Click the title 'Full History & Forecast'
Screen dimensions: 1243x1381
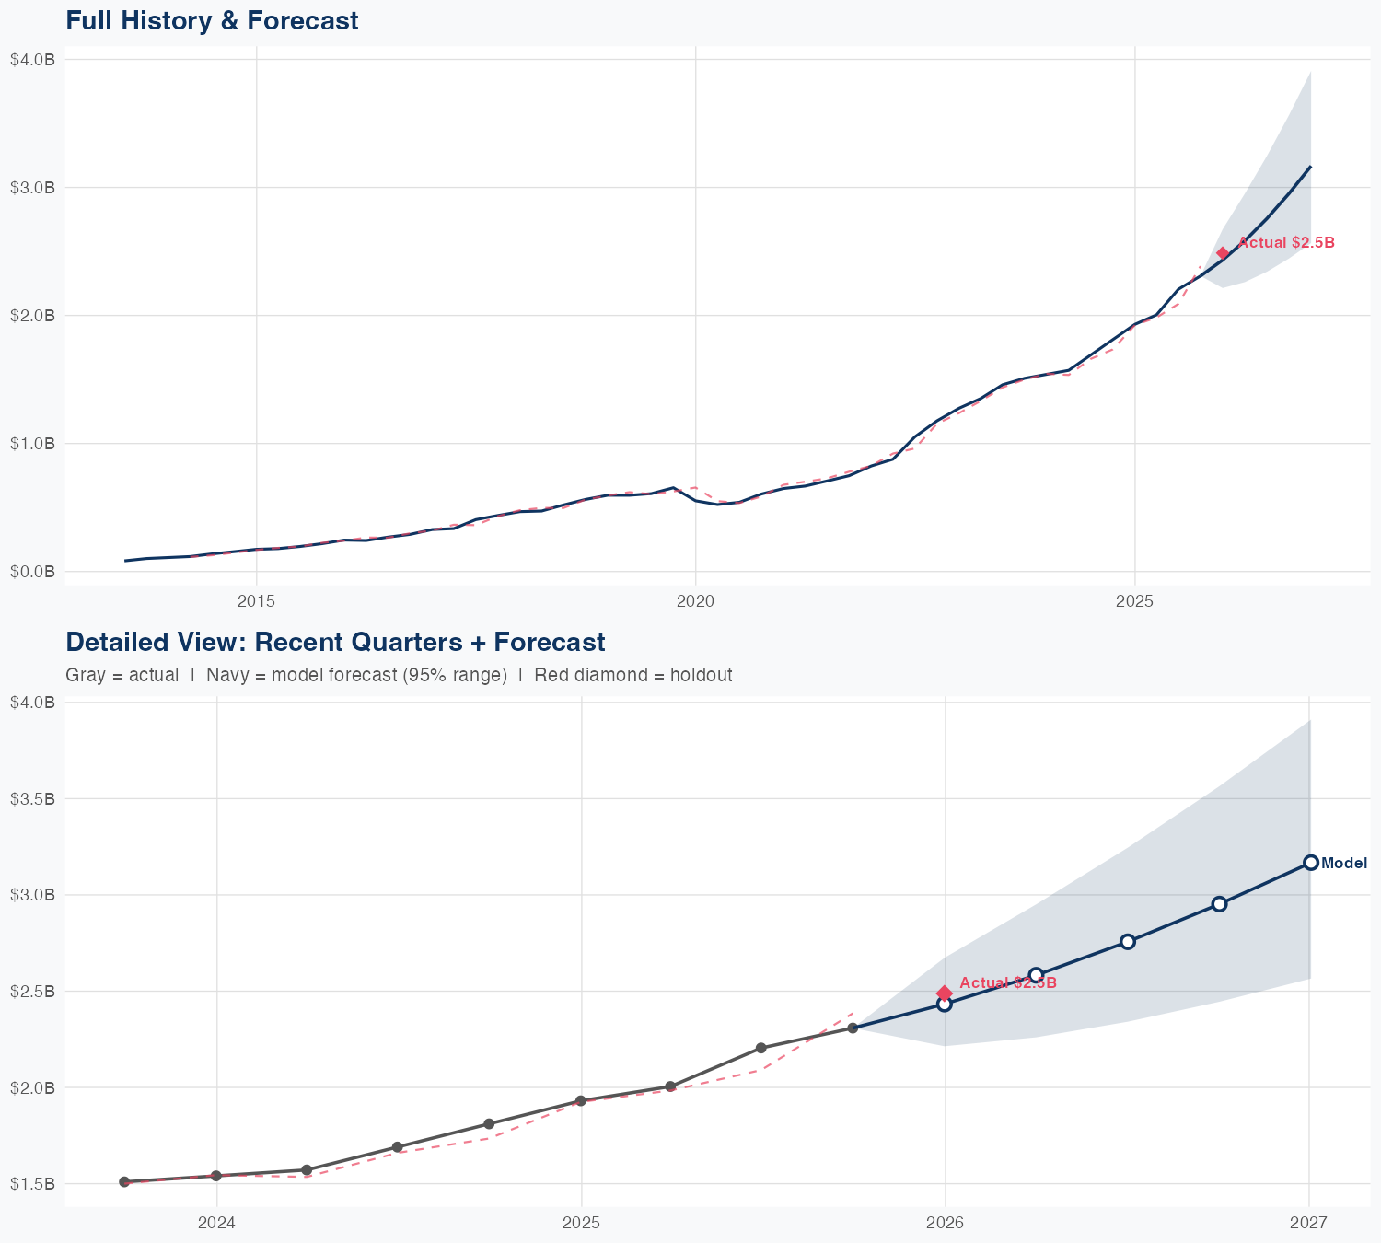212,20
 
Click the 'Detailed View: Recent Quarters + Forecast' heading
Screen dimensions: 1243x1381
335,642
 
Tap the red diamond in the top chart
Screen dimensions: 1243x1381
1223,253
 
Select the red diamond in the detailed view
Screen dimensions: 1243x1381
944,993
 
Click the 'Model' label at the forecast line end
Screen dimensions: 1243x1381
1343,864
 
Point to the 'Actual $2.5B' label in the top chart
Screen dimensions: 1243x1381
1285,243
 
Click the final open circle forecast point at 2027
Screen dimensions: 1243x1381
1310,863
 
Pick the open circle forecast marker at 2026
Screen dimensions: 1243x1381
944,1004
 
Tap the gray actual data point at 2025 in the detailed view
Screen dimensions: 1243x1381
581,1101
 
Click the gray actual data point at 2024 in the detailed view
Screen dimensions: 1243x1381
216,1176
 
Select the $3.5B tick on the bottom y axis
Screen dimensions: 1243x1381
32,798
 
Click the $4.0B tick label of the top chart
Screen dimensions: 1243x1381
32,60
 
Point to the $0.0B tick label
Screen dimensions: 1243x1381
32,572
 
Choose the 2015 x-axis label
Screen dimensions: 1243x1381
257,601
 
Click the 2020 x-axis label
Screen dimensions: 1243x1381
695,601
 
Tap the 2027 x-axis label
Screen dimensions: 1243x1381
1308,1223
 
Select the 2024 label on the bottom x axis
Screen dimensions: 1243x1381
216,1223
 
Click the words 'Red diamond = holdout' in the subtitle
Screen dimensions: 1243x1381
632,675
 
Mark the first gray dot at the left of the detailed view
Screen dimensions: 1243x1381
124,1182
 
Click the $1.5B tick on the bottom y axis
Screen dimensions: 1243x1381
32,1184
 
